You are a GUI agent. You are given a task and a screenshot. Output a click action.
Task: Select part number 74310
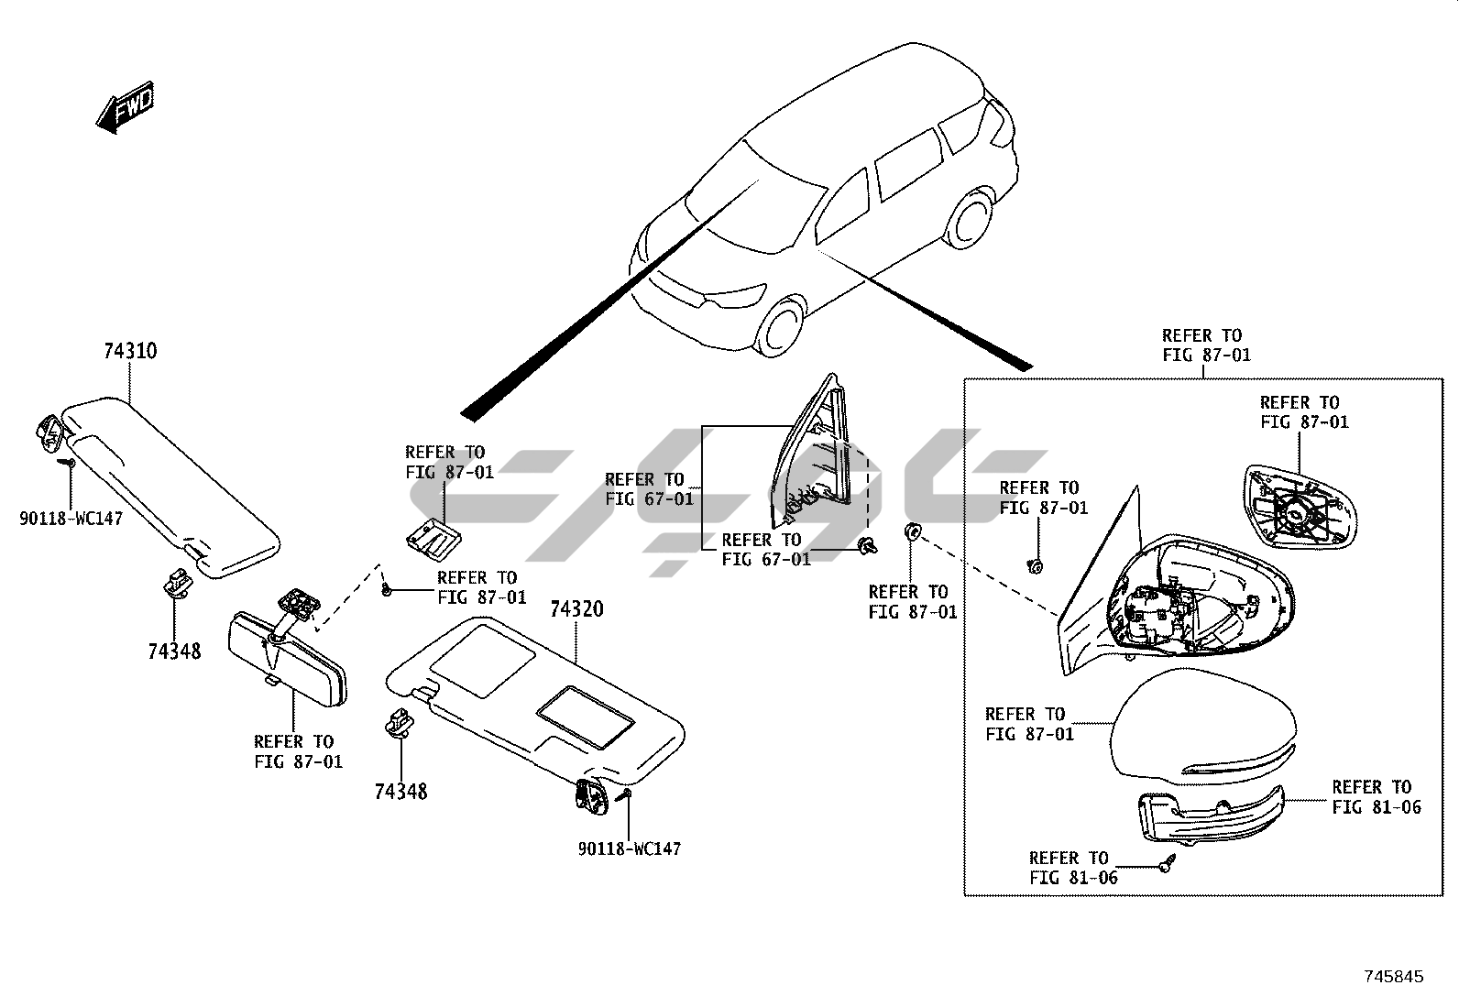[129, 351]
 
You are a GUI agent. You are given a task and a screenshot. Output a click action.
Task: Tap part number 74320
[576, 609]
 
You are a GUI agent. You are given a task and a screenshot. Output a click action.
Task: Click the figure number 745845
[1393, 977]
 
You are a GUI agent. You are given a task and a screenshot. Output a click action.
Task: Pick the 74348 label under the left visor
[174, 651]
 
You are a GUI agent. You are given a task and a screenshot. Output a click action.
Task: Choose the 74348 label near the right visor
[400, 791]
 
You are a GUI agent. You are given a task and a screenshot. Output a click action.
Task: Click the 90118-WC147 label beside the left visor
[71, 519]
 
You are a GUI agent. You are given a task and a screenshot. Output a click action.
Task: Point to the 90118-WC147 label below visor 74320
[629, 849]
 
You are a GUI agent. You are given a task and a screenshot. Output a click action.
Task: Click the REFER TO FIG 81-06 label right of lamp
[1376, 796]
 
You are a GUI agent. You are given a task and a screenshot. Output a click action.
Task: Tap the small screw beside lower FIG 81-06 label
[1166, 862]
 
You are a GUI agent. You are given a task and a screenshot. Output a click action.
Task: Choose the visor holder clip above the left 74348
[178, 580]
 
